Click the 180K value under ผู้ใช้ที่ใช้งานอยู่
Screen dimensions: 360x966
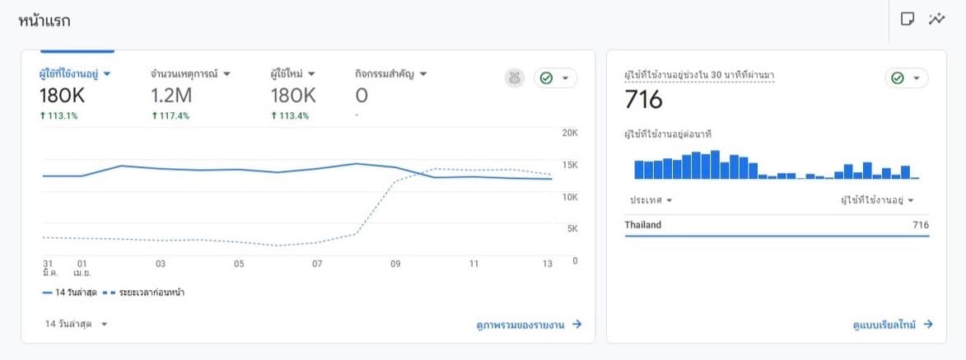[63, 96]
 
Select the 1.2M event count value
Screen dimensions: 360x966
[172, 96]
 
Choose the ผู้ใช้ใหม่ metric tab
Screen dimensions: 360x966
[293, 73]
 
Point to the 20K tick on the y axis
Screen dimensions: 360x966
[569, 133]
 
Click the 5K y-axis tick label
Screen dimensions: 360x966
[569, 229]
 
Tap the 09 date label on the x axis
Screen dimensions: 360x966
[395, 264]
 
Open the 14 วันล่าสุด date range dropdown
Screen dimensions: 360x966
[77, 324]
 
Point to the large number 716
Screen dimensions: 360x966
[644, 100]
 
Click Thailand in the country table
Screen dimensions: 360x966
[643, 225]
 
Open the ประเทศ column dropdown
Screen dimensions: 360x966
[651, 200]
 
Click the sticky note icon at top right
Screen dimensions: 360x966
[908, 19]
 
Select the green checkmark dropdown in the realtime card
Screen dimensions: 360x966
[906, 77]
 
